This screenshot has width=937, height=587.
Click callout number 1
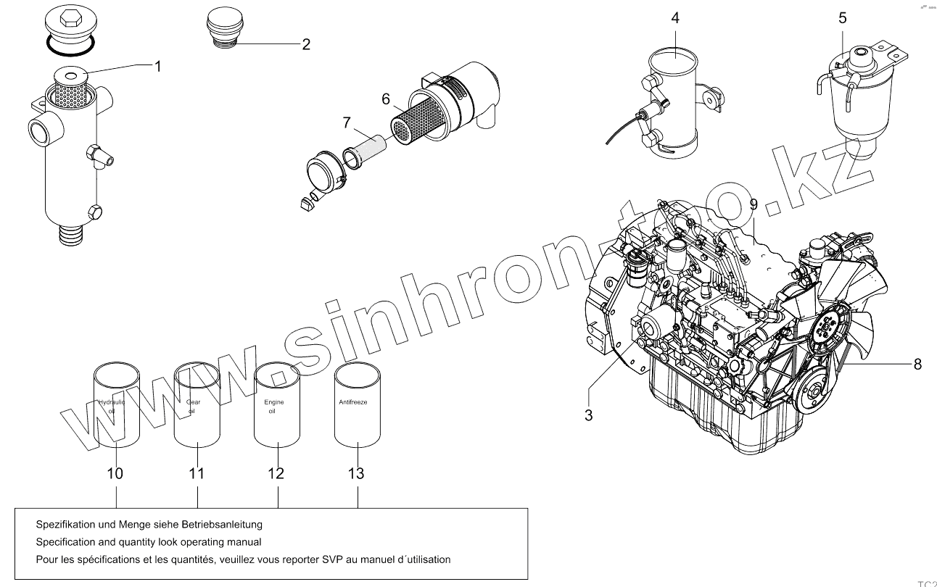coord(157,66)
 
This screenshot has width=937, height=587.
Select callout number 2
coord(306,44)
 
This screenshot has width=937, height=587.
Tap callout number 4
coord(675,17)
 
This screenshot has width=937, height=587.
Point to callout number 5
coord(842,17)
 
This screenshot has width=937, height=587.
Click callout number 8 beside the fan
coord(917,364)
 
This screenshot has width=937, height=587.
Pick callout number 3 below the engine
coord(588,415)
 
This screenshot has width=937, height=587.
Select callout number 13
coord(356,473)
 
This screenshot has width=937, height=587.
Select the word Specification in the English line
coord(65,541)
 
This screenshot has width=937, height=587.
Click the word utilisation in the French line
coord(427,559)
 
